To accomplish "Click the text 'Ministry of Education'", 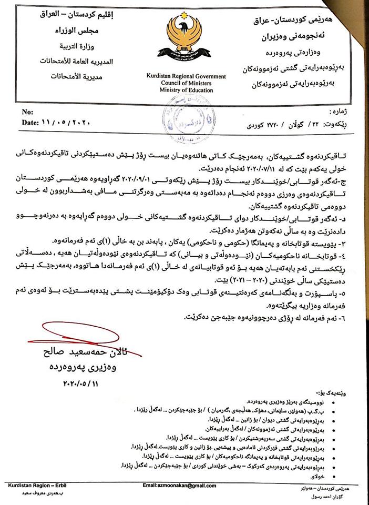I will tap(187, 90).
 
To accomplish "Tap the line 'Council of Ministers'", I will tap(187, 84).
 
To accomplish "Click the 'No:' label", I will tap(28, 113).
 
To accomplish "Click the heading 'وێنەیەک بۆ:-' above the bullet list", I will tap(347, 393).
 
